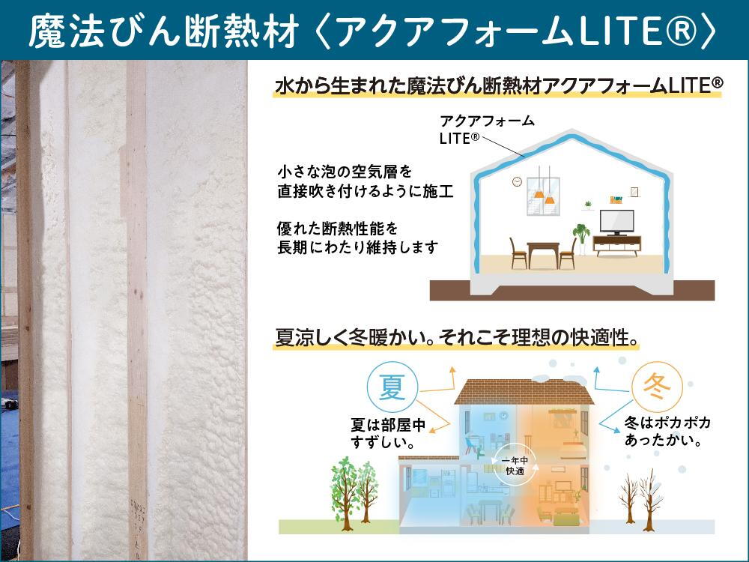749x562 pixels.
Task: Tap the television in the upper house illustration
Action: coord(617,223)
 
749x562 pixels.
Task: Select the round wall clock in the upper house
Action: coord(517,181)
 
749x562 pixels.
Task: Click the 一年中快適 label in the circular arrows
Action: coord(515,466)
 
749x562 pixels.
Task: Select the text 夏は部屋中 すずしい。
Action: coord(388,433)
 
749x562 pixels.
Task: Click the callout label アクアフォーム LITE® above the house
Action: coord(487,130)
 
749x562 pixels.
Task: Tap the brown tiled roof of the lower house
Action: coord(524,392)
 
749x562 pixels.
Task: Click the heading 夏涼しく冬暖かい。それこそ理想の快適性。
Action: coord(457,337)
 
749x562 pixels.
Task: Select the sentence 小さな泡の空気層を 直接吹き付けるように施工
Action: coord(366,181)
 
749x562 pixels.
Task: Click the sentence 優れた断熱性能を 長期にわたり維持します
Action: coord(357,238)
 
